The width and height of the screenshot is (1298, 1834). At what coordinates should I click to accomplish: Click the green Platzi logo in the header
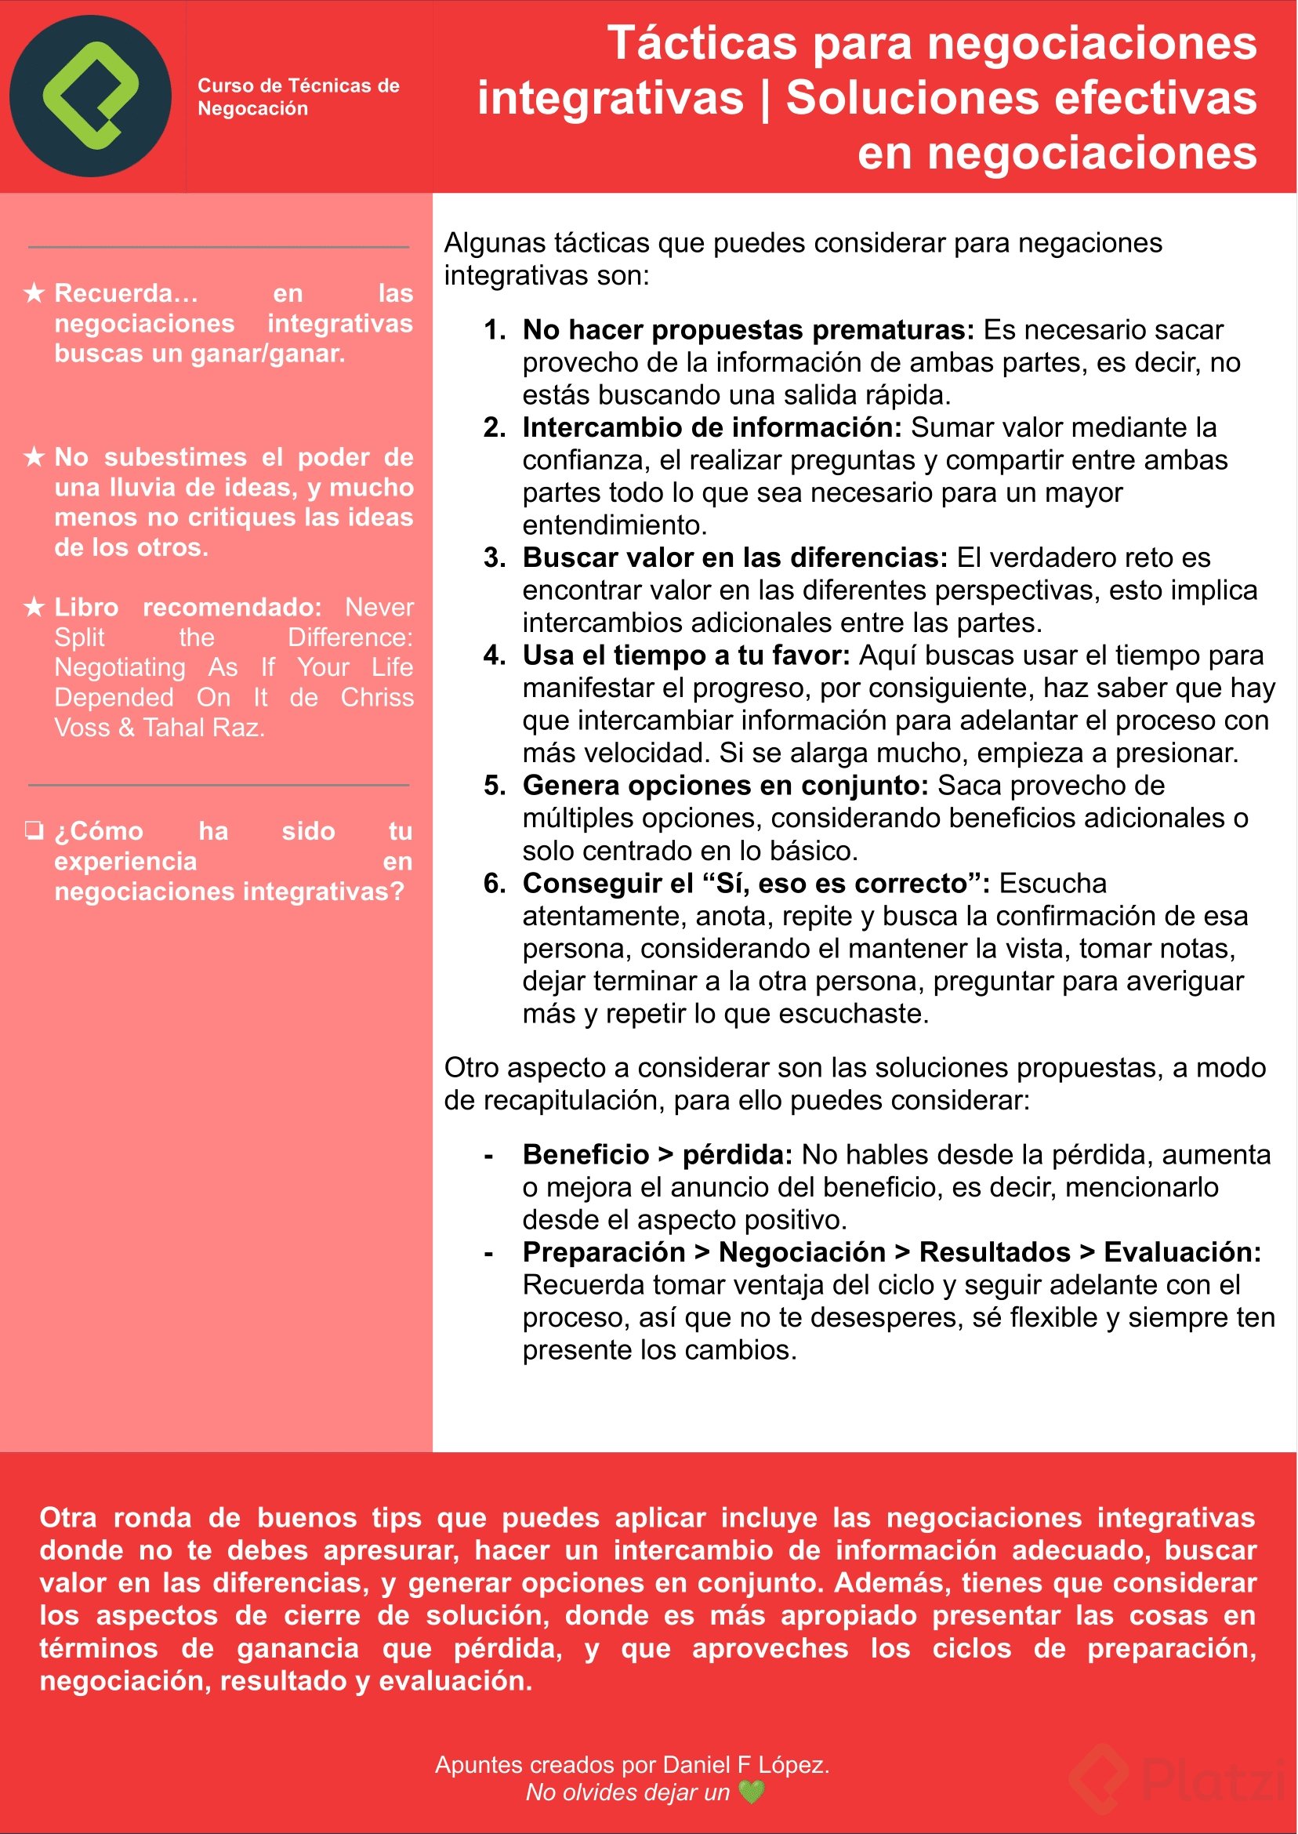pos(90,96)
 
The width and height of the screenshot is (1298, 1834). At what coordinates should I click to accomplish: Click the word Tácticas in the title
pos(702,43)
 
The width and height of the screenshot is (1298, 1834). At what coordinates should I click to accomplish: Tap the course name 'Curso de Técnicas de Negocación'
pos(298,96)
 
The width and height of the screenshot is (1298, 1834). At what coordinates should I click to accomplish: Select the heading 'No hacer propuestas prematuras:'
pos(748,330)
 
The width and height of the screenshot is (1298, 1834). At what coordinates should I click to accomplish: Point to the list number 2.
pos(494,427)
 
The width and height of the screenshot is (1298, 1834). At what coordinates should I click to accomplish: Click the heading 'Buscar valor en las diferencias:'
pos(734,558)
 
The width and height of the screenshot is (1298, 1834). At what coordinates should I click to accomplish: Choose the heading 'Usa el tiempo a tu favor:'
pos(686,656)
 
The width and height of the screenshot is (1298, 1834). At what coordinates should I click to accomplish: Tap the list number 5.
pos(494,786)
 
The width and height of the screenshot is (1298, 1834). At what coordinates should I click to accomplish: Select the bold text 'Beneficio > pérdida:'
pos(657,1155)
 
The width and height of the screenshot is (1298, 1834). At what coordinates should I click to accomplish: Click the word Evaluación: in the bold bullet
pos(1182,1253)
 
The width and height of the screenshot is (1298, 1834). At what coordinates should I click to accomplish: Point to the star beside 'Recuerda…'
pos(34,293)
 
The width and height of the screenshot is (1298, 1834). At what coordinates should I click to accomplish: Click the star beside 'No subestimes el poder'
pos(34,457)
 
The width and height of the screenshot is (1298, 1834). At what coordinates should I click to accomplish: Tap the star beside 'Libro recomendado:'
pos(34,608)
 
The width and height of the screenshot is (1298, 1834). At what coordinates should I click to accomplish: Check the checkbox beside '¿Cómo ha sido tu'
pos(34,830)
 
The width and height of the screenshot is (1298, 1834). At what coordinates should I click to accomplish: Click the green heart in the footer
pos(752,1792)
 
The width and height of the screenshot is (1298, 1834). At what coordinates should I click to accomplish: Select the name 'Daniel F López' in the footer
pos(745,1764)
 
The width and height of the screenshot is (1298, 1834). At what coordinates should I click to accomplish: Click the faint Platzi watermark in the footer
pos(1175,1779)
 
